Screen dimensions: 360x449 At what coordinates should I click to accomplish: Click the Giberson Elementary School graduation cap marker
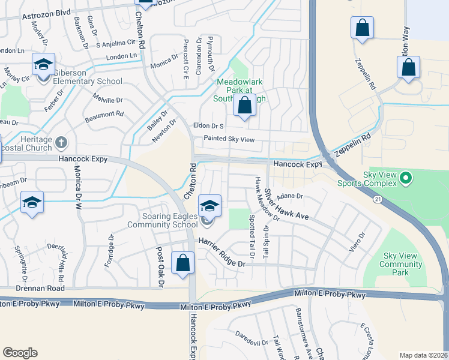pyautogui.click(x=43, y=65)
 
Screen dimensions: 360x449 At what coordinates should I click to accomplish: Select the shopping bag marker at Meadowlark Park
pyautogui.click(x=244, y=106)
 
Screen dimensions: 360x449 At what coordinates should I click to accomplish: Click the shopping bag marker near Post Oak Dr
pyautogui.click(x=182, y=263)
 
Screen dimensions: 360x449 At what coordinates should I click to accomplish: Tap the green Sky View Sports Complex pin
pyautogui.click(x=406, y=178)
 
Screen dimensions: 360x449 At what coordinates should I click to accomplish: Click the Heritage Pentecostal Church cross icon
pyautogui.click(x=60, y=143)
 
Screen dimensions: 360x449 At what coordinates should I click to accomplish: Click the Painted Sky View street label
pyautogui.click(x=229, y=139)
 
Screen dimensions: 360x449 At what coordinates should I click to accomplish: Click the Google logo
pyautogui.click(x=20, y=353)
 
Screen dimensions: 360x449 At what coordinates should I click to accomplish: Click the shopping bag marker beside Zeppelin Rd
pyautogui.click(x=362, y=28)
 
